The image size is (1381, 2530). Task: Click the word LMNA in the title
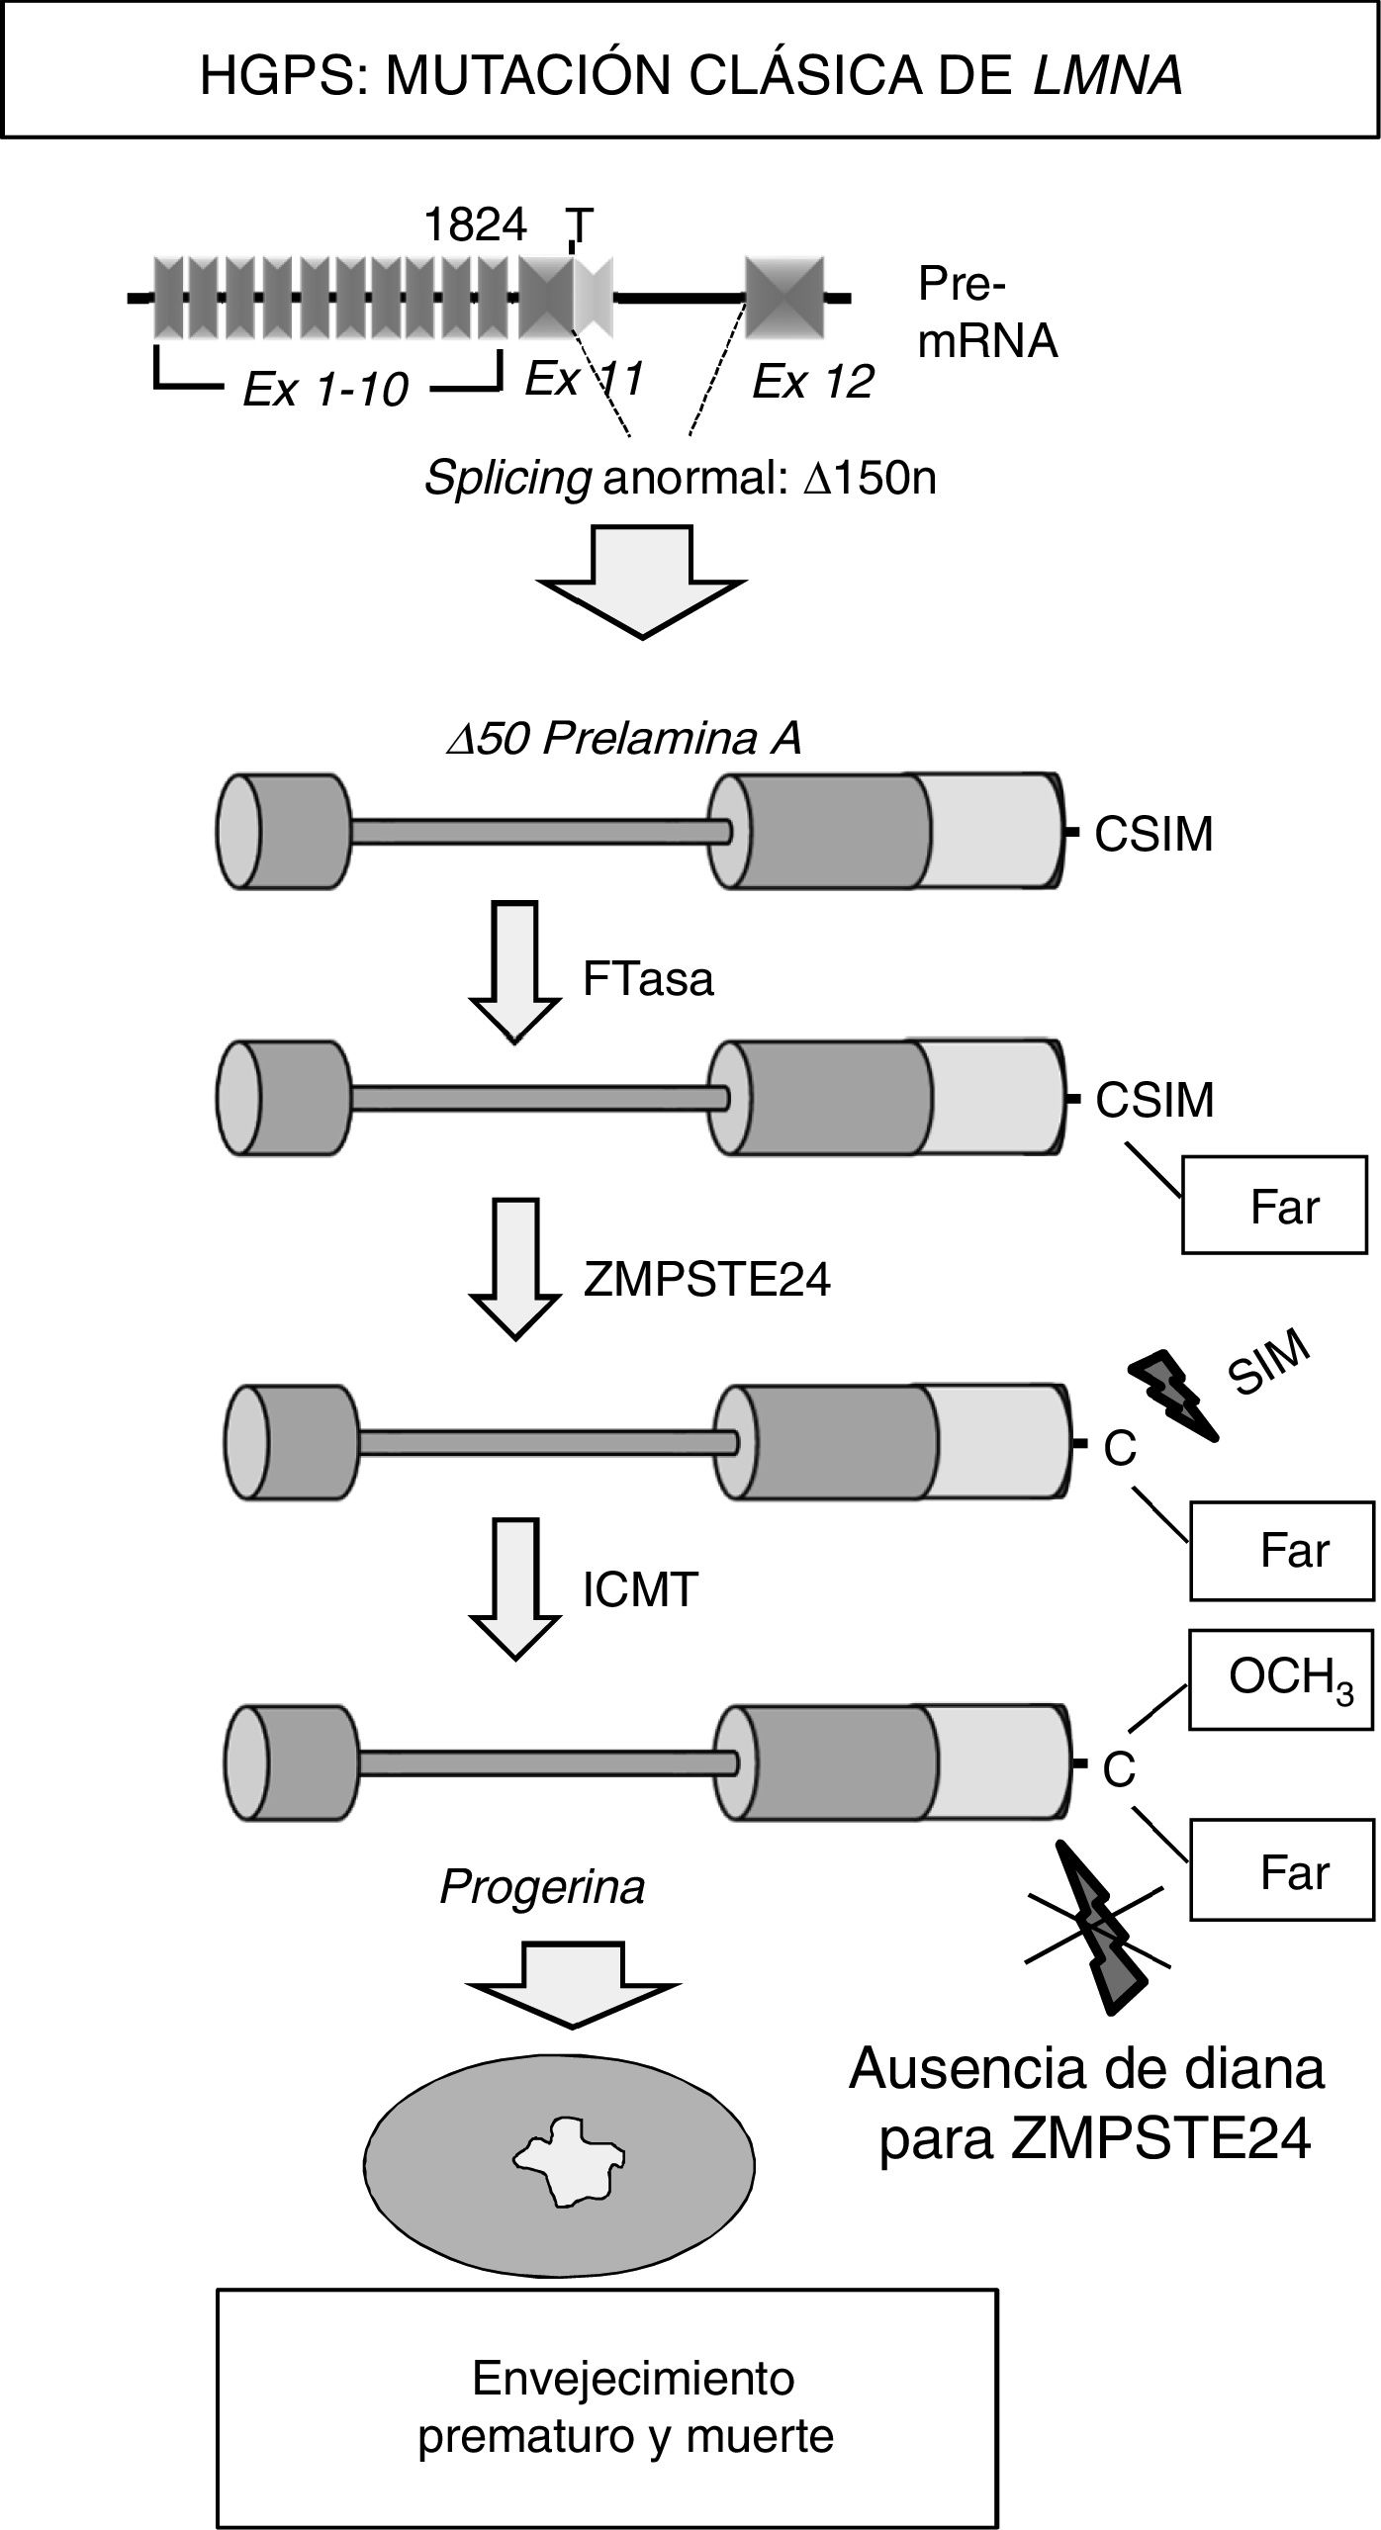[x=1107, y=75]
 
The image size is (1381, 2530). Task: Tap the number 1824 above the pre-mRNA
[x=475, y=226]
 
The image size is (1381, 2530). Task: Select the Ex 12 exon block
[x=784, y=297]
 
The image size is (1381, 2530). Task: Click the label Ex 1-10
[x=325, y=390]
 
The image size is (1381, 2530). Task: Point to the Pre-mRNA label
[x=986, y=313]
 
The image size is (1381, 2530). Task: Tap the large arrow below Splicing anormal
[x=643, y=581]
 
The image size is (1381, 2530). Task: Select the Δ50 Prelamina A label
[x=623, y=738]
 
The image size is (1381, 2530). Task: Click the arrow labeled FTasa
[x=514, y=969]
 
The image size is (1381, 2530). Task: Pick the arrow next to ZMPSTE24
[x=514, y=1268]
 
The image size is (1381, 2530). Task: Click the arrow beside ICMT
[x=514, y=1587]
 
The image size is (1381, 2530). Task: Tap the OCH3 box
[x=1281, y=1679]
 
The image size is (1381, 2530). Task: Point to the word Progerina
[x=542, y=1887]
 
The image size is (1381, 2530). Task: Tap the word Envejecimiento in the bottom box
[x=633, y=2378]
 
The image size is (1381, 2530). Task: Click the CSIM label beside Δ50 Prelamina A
[x=1153, y=835]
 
